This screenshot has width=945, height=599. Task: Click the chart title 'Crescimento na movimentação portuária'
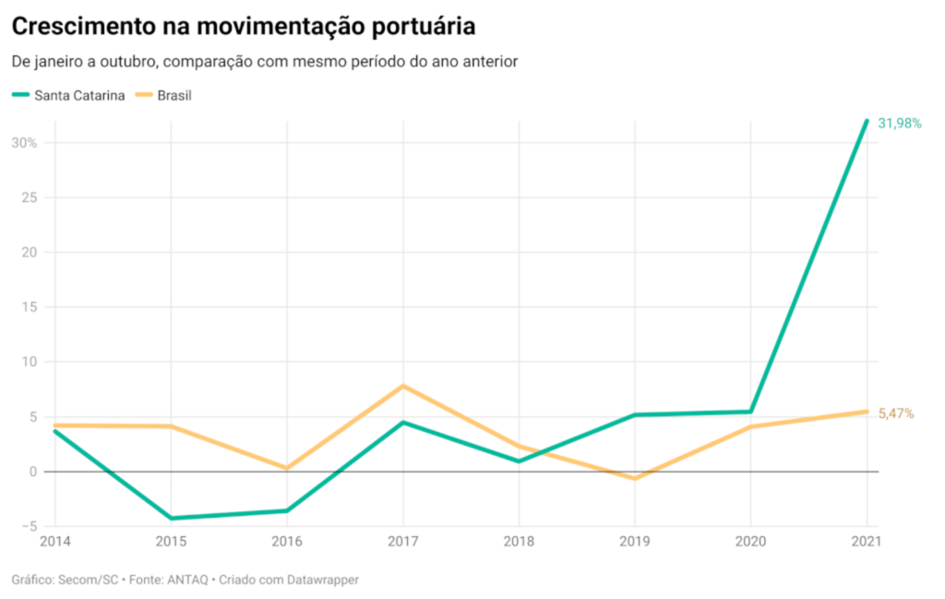tap(244, 27)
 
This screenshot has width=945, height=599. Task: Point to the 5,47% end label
tap(896, 413)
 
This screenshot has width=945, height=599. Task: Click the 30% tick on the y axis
tap(24, 143)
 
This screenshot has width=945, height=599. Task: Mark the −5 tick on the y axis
tap(29, 526)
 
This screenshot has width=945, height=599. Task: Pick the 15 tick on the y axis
tap(30, 307)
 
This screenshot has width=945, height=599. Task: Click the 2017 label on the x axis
tap(402, 542)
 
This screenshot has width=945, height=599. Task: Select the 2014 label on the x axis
tap(54, 542)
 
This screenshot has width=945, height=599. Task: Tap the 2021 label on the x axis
tap(866, 542)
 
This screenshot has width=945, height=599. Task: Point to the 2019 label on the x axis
tap(634, 542)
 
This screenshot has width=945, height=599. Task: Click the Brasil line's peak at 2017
tap(402, 386)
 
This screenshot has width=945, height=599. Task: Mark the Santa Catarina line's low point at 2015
tap(171, 518)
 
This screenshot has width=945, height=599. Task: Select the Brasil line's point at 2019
tap(634, 478)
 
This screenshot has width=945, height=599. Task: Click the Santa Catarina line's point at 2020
tap(750, 412)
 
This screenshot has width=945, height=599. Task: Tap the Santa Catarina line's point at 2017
tap(402, 423)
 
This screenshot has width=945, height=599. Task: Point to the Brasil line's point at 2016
tap(287, 468)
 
